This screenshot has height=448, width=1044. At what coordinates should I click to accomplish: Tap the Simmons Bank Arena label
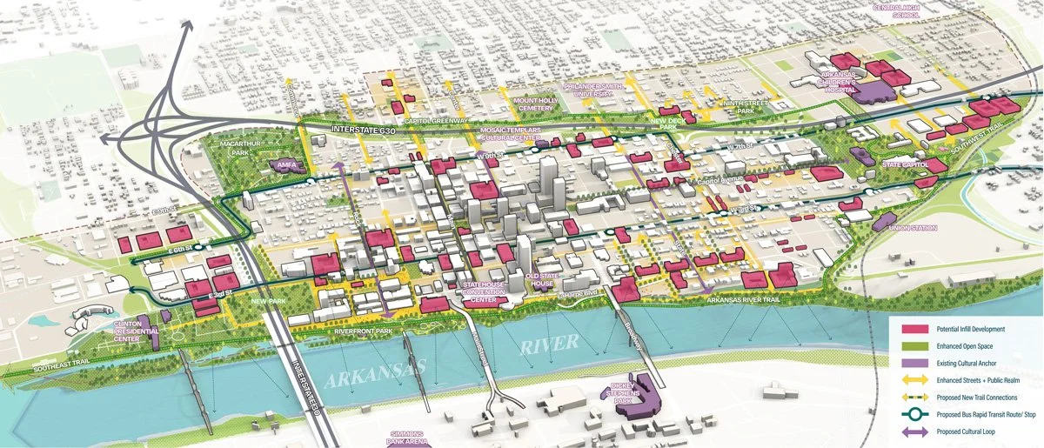(407, 438)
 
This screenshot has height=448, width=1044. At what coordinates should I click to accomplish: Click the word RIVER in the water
(548, 343)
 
